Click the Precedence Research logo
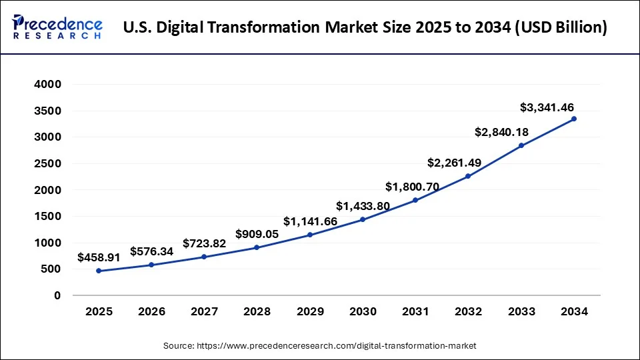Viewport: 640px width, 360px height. [x=57, y=27]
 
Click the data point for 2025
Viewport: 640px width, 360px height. [x=99, y=271]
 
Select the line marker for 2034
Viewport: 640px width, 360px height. [x=574, y=119]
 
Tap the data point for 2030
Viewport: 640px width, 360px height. [x=363, y=219]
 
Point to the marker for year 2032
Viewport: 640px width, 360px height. [x=468, y=176]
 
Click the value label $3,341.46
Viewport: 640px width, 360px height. [x=547, y=107]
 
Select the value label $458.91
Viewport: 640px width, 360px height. [x=99, y=257]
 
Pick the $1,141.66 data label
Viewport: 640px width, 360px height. [x=310, y=221]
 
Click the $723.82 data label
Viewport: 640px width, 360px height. [x=205, y=243]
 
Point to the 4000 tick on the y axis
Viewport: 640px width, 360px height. [x=48, y=85]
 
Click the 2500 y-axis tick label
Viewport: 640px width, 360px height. [x=48, y=164]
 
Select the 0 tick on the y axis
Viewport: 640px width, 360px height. [x=57, y=295]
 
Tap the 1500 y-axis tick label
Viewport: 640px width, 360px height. [x=48, y=217]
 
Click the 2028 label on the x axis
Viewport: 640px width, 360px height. [x=257, y=311]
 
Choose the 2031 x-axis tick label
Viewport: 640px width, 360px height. [x=415, y=311]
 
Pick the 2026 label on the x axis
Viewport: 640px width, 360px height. [x=151, y=311]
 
